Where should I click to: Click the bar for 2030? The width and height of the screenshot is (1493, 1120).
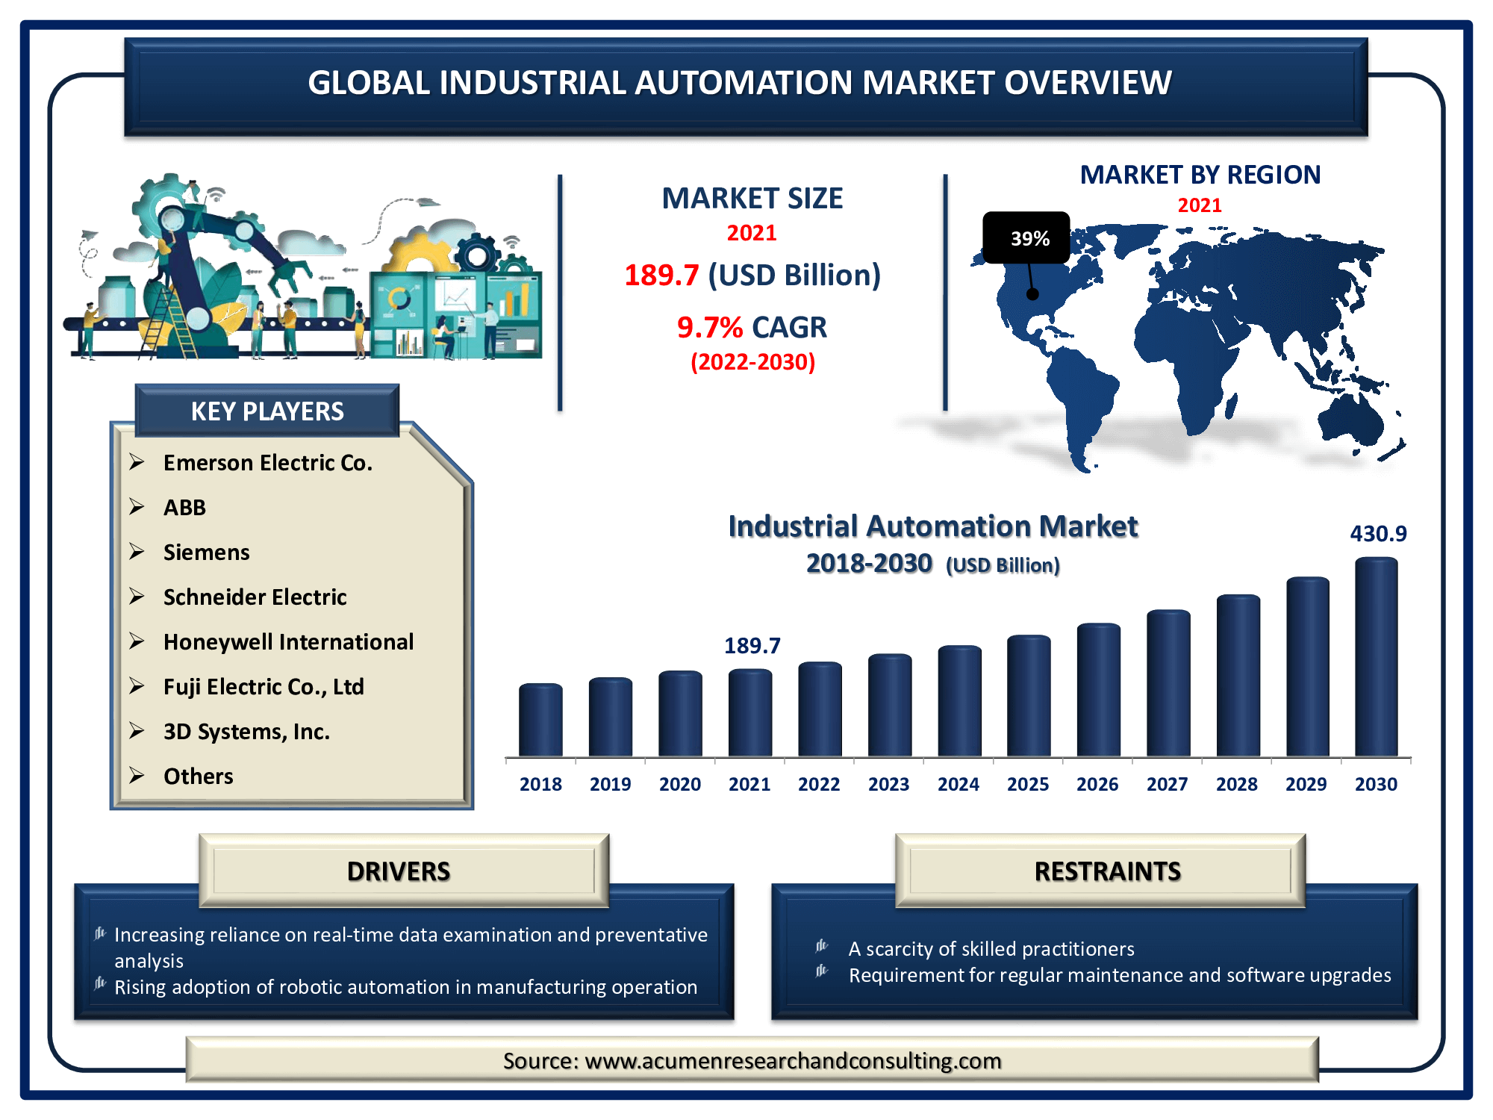coord(1377,657)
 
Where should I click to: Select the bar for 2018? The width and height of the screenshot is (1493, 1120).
coord(540,720)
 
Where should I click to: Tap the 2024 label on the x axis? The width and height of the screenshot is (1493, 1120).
coord(959,784)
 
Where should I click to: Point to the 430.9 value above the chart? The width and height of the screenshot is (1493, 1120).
coord(1378,534)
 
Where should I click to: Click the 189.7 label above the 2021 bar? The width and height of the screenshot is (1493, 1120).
coord(752,646)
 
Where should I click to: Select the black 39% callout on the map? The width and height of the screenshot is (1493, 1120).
coord(1026,238)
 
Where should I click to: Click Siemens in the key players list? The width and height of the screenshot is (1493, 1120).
coord(207,553)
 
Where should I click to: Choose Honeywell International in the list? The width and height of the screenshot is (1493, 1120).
coord(288,642)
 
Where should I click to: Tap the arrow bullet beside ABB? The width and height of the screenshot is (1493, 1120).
coord(137,507)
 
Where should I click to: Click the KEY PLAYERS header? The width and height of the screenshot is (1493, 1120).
coord(267,411)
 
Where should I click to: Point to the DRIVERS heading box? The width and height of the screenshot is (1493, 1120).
coord(404,871)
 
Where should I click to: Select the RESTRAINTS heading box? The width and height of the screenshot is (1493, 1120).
coord(1100,871)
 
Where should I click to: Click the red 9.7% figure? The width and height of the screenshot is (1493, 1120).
coord(710,327)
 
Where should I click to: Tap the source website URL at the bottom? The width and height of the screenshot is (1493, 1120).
coord(793,1061)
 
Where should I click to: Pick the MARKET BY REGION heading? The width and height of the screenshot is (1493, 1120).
coord(1200,175)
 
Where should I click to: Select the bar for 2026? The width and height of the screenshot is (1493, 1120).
coord(1098,690)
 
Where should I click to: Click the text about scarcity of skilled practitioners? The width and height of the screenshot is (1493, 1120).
coord(991,949)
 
